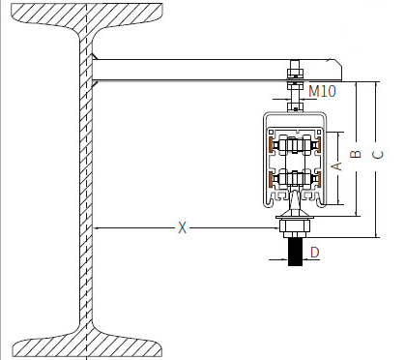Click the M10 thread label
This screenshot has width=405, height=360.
pyautogui.click(x=322, y=91)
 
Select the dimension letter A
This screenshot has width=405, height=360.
pyautogui.click(x=336, y=166)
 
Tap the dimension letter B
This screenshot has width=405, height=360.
pyautogui.click(x=356, y=154)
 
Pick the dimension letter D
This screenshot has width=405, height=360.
pyautogui.click(x=314, y=252)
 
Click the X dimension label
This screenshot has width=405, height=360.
pyautogui.click(x=183, y=227)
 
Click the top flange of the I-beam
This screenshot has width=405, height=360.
pyautogui.click(x=87, y=15)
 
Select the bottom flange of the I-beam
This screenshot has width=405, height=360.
pyautogui.click(x=87, y=345)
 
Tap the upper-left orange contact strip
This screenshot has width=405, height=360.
pyautogui.click(x=271, y=144)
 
